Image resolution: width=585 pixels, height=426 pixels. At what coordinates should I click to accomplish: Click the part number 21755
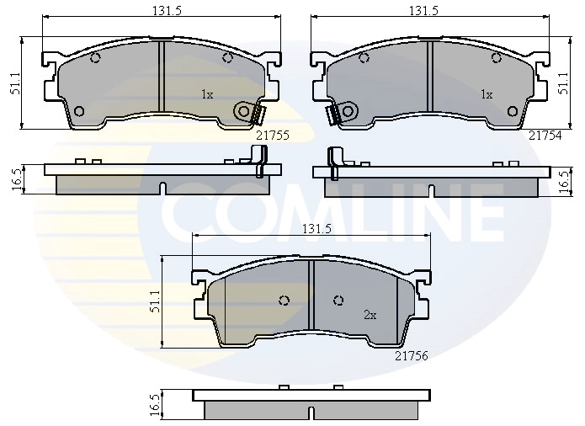pos(273,136)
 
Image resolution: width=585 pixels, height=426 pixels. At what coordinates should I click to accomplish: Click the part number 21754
pos(545,136)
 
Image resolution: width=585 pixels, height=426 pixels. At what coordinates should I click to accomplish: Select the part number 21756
pos(412,356)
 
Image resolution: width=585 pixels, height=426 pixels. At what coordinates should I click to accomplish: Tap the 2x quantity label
pos(370,316)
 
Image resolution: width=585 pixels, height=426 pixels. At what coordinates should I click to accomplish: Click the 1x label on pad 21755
pos(207,95)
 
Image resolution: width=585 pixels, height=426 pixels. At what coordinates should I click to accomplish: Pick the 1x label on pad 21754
pos(487,95)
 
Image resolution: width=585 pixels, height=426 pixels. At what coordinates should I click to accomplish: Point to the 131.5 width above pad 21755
pos(167,11)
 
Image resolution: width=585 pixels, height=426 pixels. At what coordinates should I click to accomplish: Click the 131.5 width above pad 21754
pos(424,11)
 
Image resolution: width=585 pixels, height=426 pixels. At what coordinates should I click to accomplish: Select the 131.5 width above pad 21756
pos(316,229)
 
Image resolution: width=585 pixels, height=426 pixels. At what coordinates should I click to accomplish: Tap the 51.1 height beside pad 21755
pos(16,83)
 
